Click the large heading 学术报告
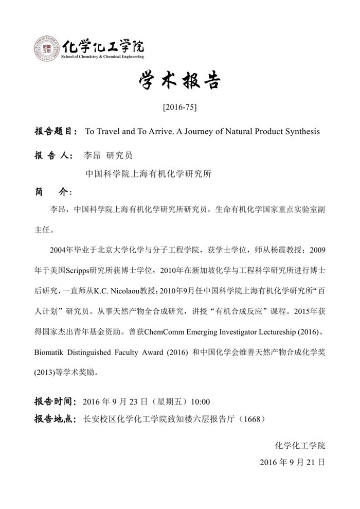179,81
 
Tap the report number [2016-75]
179,108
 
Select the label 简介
51,191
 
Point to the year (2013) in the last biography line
45,371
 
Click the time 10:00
200,401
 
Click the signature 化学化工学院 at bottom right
300,445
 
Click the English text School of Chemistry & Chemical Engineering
102,57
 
